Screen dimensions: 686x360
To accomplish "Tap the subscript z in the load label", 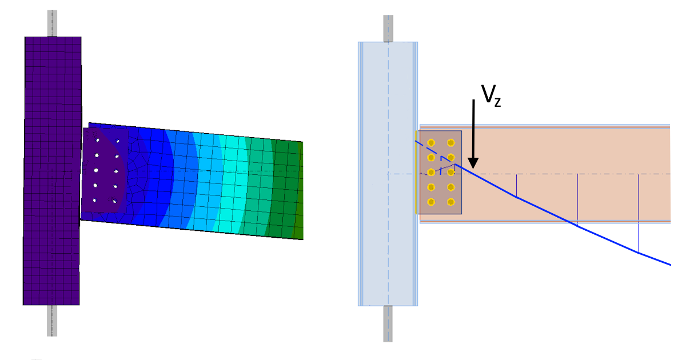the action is click(498, 102).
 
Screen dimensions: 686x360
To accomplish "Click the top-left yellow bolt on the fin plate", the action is click(431, 143).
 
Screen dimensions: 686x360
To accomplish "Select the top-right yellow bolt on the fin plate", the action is click(451, 143).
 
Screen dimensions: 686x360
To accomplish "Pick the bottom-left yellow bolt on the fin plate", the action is click(431, 202).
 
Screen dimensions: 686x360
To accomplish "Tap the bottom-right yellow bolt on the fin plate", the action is click(451, 202).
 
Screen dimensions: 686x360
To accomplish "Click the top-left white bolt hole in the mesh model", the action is click(98, 141).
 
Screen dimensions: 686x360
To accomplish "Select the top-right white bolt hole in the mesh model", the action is click(118, 141).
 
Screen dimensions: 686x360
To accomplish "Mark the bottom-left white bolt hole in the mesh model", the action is click(95, 201).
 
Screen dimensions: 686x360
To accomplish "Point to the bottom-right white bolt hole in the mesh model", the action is click(114, 201).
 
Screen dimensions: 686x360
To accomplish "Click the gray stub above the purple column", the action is click(52, 23).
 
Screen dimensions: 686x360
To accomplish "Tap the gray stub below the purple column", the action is click(52, 321).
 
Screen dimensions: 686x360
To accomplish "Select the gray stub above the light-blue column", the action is click(388, 29).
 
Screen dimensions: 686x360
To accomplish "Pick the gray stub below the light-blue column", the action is click(388, 323).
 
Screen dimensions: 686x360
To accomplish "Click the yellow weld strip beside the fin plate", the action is click(416, 173).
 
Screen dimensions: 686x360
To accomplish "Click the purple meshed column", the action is click(52, 171).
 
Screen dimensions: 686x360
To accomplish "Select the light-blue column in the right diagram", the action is click(388, 174).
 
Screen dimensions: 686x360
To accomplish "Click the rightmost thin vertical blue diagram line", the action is click(638, 213).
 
